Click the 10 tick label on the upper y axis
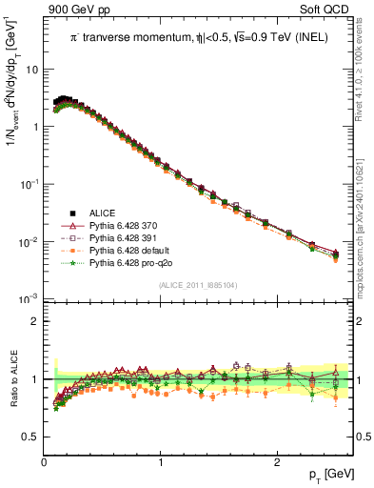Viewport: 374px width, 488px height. click(31, 70)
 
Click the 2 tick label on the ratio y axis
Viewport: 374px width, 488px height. click(34, 321)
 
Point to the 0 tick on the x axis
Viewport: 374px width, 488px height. click(45, 461)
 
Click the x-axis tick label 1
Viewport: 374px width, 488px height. click(161, 461)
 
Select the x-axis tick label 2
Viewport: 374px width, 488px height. click(277, 461)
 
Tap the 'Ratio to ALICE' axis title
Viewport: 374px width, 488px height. click(10, 380)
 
